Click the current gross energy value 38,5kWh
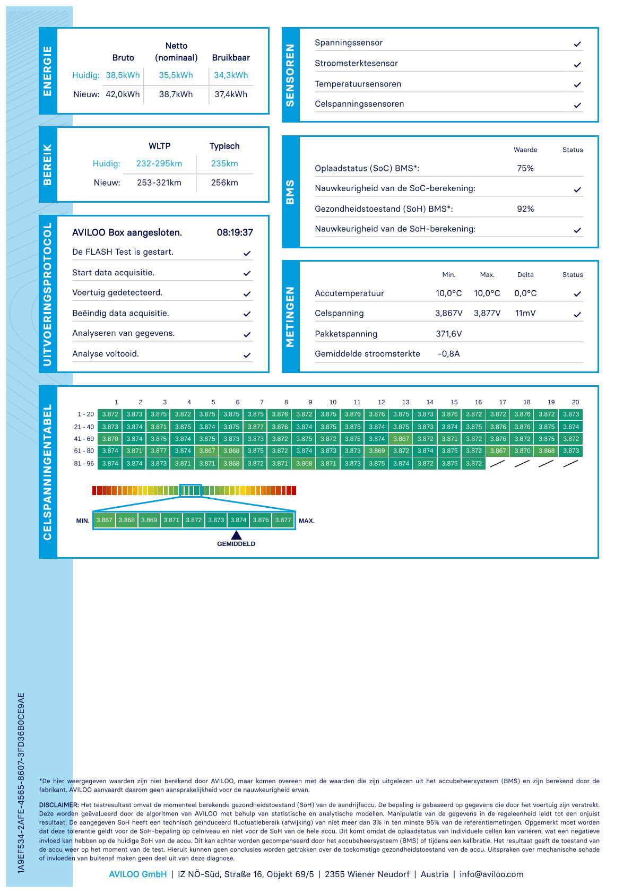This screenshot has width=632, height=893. coord(123,75)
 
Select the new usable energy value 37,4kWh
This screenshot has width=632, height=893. coord(231,94)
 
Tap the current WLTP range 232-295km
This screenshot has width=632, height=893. coord(159,163)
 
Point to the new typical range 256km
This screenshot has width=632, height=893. coord(224,183)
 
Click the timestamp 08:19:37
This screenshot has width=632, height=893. coord(235,232)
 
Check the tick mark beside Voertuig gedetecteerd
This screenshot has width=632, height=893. coord(247,294)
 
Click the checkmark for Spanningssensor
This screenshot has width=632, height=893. coord(577,44)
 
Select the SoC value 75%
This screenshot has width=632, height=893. coord(525,168)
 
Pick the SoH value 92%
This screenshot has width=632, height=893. coord(525,209)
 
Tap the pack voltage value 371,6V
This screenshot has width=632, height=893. coord(448,334)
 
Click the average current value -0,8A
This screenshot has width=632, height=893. coord(448,354)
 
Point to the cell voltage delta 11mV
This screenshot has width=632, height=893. coord(525,313)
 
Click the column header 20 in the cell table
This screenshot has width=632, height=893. coord(575,402)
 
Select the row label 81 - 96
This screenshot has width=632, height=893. coord(84,463)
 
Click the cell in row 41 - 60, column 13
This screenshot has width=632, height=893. coord(401,439)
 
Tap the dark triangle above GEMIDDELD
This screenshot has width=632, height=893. coord(236,535)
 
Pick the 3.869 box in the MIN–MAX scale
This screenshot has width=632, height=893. coord(149,520)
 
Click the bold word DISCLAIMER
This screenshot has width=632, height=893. coord(59,805)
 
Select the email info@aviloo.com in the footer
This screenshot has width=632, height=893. coord(491,874)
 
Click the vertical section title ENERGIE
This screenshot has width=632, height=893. coord(48,71)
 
